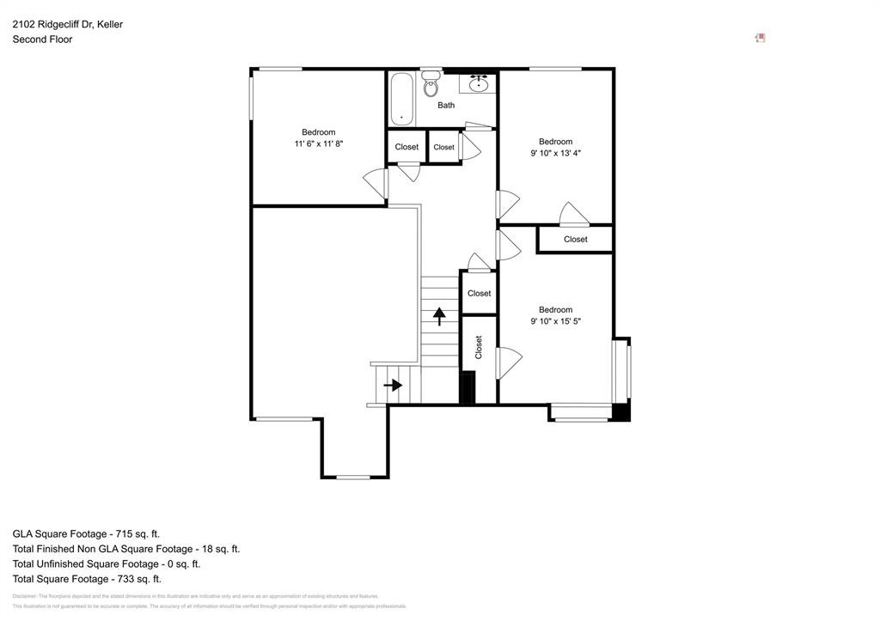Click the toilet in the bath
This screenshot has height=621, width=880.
click(x=431, y=85)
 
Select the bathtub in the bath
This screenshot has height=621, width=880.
click(x=401, y=99)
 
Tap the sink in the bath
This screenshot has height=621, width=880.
click(x=480, y=84)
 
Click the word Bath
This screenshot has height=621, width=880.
click(x=446, y=106)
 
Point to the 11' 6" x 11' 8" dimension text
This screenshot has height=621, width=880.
click(x=318, y=144)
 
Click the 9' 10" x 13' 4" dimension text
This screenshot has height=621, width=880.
click(x=555, y=154)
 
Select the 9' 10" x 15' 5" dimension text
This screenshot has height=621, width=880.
click(x=555, y=322)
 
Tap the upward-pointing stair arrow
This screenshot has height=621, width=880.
click(x=439, y=316)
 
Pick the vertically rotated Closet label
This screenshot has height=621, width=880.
click(x=479, y=347)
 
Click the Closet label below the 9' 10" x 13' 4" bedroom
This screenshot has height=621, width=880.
click(x=575, y=240)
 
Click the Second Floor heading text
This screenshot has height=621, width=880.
click(x=42, y=40)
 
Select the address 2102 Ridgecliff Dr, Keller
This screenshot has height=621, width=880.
click(x=67, y=24)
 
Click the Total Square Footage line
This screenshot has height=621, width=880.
click(x=87, y=579)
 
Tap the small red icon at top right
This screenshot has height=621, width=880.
click(x=760, y=38)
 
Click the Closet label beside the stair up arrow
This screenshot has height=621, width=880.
click(x=479, y=294)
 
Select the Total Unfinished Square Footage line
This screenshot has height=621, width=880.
click(x=106, y=564)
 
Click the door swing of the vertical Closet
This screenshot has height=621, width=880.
click(x=509, y=362)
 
